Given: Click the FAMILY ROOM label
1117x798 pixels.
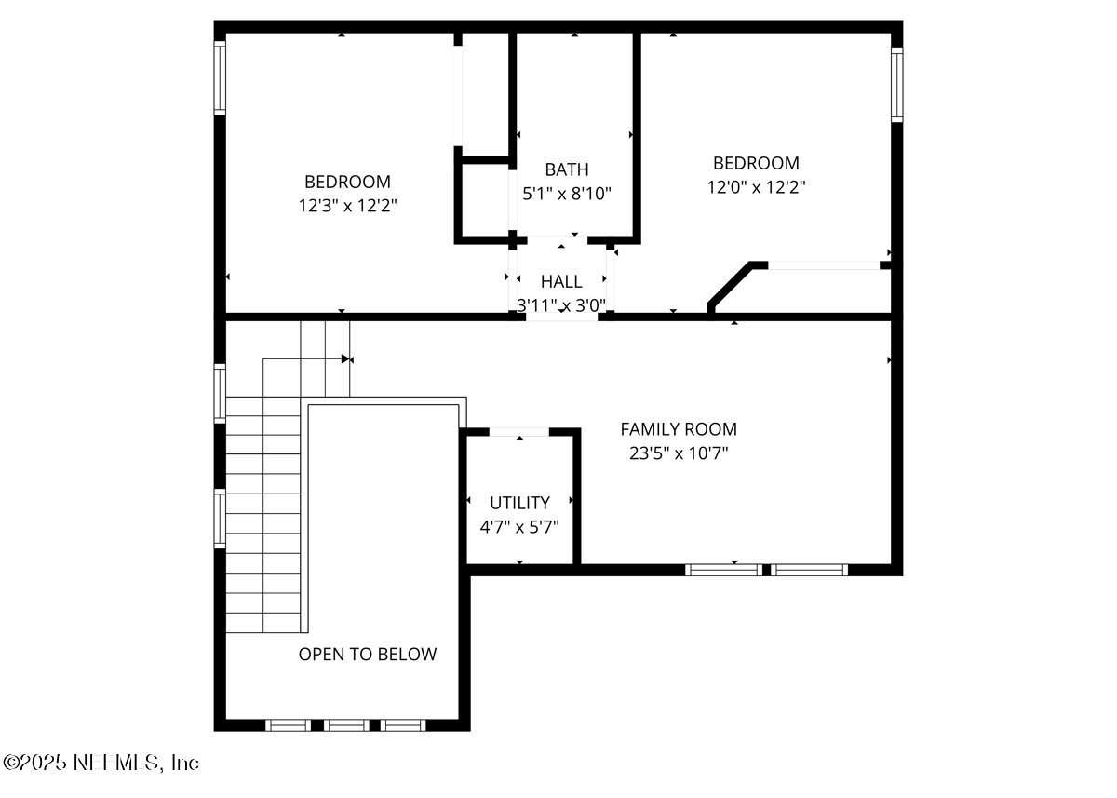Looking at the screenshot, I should [679, 429].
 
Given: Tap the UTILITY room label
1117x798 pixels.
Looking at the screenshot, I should [519, 503].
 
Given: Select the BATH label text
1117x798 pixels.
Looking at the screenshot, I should [567, 169].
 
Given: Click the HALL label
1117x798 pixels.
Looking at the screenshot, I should [561, 281].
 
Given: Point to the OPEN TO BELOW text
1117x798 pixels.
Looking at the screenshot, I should [367, 655].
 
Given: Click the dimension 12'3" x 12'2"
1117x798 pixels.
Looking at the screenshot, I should [347, 206].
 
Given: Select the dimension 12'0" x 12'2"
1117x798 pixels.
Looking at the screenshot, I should [756, 187].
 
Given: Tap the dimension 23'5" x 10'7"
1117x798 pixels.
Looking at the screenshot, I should [679, 453].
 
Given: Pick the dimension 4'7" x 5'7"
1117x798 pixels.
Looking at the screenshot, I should [519, 527].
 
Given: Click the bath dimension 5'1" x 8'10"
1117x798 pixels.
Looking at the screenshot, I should [567, 194].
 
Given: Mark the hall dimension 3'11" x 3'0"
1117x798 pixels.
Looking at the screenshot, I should [561, 304].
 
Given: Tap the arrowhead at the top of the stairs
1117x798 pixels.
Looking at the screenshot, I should [347, 358].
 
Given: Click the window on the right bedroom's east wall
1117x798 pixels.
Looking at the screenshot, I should [896, 86].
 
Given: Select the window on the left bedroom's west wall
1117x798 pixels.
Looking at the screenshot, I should [221, 78].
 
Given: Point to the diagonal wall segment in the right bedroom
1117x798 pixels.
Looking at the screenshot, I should [730, 285].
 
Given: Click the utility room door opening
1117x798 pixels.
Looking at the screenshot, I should [518, 432].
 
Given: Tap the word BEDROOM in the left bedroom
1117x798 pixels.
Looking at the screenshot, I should [347, 182].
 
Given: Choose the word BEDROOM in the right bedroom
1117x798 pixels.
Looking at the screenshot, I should [756, 163].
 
